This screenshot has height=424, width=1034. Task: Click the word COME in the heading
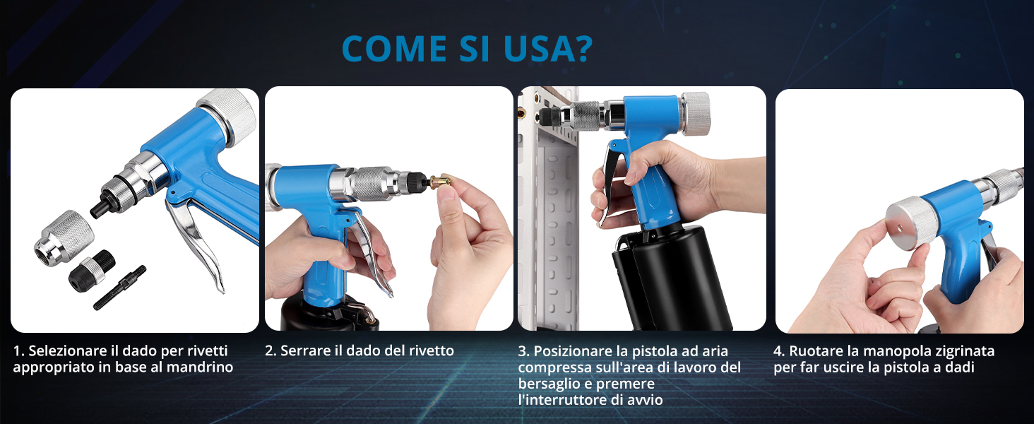tap(394, 49)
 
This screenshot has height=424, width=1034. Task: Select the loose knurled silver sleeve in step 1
tap(64, 235)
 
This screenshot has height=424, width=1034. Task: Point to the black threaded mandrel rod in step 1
tap(119, 288)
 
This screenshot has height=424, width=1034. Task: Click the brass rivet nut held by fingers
tap(439, 182)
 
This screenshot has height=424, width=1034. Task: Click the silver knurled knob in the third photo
tap(695, 114)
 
